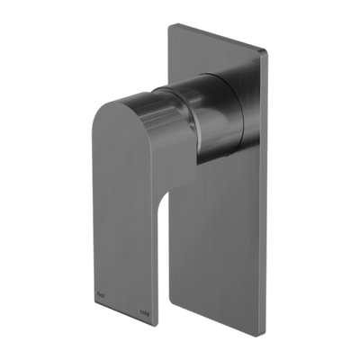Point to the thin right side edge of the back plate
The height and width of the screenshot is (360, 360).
[x=266, y=162]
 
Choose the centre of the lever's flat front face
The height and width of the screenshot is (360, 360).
[x=126, y=207]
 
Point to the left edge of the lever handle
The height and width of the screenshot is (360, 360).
[x=92, y=207]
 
